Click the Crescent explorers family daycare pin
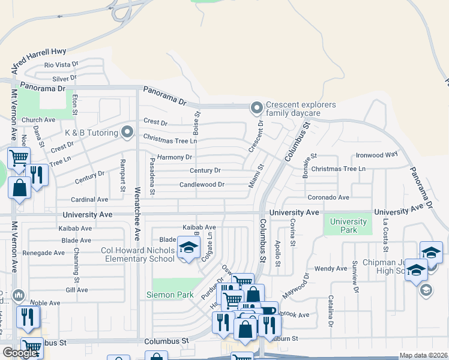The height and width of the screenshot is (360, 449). (x=257, y=109)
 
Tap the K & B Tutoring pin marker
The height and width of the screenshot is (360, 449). (x=127, y=131)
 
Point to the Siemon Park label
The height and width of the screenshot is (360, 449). (x=170, y=295)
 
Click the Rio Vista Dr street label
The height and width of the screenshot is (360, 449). (x=61, y=65)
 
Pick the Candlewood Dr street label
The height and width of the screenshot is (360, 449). (x=202, y=185)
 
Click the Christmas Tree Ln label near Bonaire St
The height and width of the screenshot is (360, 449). (x=338, y=169)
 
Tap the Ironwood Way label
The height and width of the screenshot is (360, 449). (x=377, y=154)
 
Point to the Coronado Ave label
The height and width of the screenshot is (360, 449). (x=328, y=197)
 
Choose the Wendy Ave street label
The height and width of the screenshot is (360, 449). (x=331, y=268)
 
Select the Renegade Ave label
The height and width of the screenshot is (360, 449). (x=43, y=253)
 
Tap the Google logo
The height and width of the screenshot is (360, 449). (x=20, y=353)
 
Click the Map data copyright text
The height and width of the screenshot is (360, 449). (x=423, y=355)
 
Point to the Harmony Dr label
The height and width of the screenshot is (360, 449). (x=175, y=157)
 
